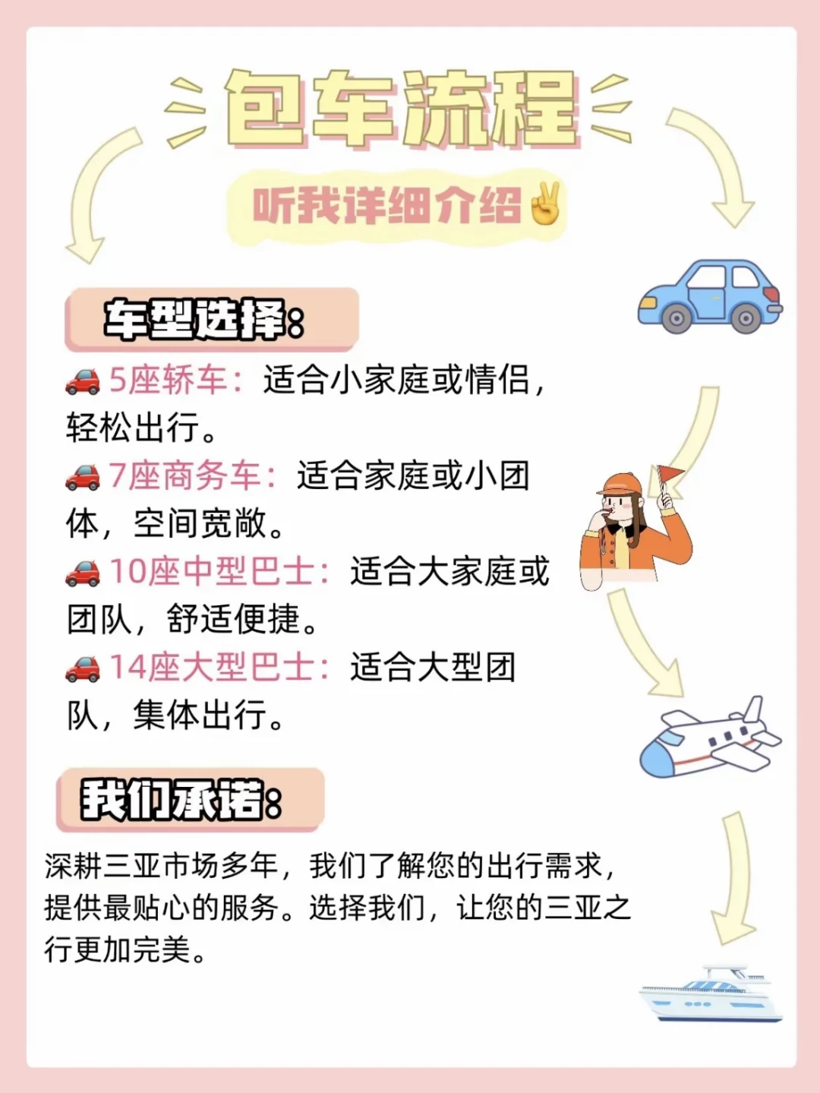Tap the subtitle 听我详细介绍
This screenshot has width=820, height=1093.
pyautogui.click(x=387, y=206)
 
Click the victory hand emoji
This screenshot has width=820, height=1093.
pyautogui.click(x=545, y=204)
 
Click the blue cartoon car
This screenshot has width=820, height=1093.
pyautogui.click(x=709, y=296)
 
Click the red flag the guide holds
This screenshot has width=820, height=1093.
pyautogui.click(x=670, y=475)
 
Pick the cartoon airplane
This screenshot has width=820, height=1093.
pyautogui.click(x=709, y=738)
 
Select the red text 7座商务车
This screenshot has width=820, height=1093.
pyautogui.click(x=193, y=476)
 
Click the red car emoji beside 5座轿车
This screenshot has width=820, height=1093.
pyautogui.click(x=82, y=381)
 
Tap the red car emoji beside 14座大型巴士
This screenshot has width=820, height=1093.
pyautogui.click(x=82, y=668)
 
